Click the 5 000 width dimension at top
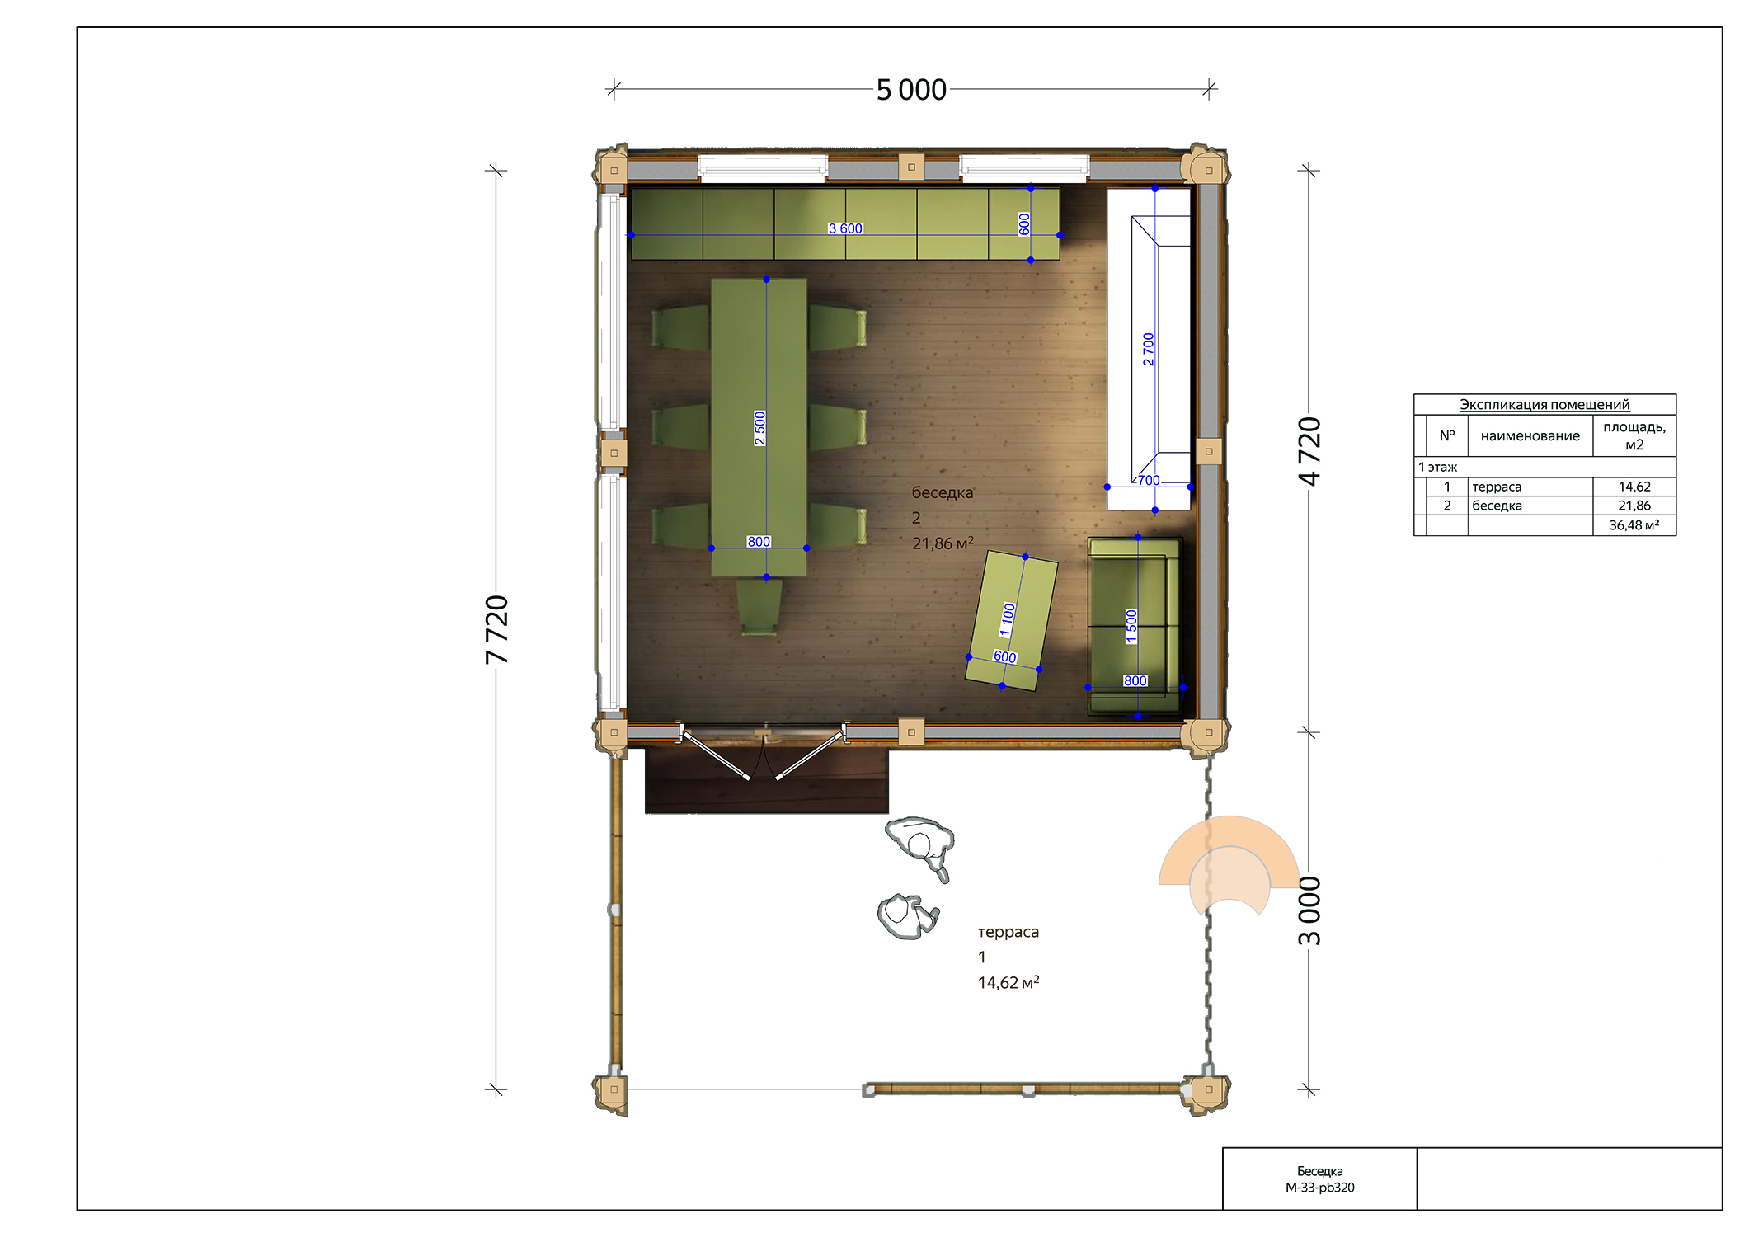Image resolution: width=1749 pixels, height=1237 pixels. coord(910,89)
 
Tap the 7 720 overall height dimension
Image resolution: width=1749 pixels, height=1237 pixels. coord(496,629)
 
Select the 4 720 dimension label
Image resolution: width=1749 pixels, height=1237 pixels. coord(1309,451)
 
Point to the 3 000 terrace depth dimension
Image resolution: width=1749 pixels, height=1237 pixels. coord(1309,910)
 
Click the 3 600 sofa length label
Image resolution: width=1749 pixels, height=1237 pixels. coord(845,228)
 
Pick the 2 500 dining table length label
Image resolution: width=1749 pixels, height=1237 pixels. coord(759,428)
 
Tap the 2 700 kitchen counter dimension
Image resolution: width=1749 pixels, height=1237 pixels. coord(1148,349)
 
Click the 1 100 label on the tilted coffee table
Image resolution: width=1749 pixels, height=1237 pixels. coord(1007,619)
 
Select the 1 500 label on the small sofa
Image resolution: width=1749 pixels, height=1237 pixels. coord(1131,626)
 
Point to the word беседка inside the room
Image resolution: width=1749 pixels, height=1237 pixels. coord(943,492)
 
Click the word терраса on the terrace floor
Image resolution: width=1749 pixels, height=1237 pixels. coord(1008,932)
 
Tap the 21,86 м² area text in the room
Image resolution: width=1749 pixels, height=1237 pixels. coord(943,543)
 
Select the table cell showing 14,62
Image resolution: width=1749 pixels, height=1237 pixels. coord(1634,487)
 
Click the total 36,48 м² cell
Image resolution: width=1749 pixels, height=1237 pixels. coord(1634,525)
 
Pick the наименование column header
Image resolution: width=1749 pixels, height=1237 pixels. coord(1530,435)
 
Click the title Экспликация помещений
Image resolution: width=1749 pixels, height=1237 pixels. coord(1544,404)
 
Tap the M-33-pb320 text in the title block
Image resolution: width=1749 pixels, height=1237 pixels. coord(1319,1188)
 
